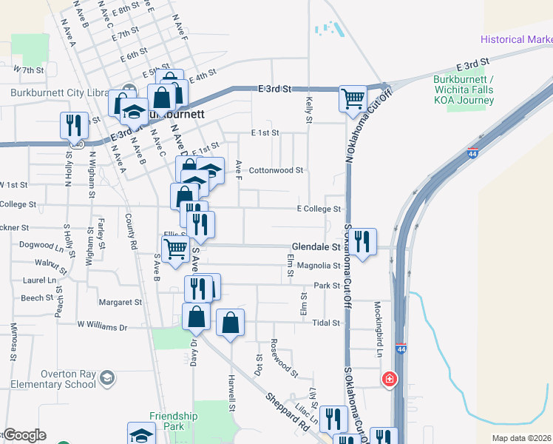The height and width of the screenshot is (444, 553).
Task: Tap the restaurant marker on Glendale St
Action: point(362,241)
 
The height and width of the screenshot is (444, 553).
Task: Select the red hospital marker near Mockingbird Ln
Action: point(388,379)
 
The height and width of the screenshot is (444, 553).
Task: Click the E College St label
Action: point(319,209)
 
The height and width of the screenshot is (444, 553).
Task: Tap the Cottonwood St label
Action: point(276,169)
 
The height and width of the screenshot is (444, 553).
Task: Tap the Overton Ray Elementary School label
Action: point(49,379)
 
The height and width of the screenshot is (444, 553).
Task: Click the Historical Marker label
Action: point(516,39)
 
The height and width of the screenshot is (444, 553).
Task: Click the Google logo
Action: point(24,435)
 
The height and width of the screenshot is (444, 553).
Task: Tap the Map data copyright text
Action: point(520,438)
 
